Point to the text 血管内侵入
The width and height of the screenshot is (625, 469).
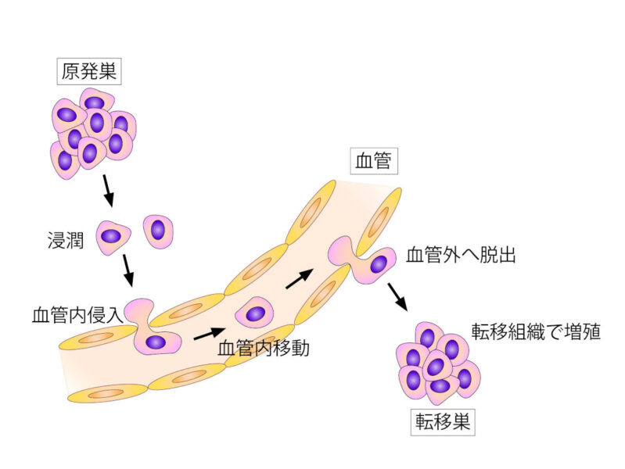(77, 316)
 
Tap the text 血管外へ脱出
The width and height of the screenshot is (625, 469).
(460, 256)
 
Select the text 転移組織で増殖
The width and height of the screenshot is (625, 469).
(535, 331)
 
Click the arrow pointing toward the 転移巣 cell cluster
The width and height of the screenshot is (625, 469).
(397, 295)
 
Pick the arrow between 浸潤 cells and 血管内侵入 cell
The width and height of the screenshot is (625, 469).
(128, 270)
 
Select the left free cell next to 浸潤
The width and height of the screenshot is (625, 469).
(112, 236)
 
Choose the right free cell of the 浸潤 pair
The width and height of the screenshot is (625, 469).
(158, 231)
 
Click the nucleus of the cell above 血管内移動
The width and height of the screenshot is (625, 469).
(255, 314)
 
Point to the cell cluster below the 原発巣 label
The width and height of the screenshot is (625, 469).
(93, 129)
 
